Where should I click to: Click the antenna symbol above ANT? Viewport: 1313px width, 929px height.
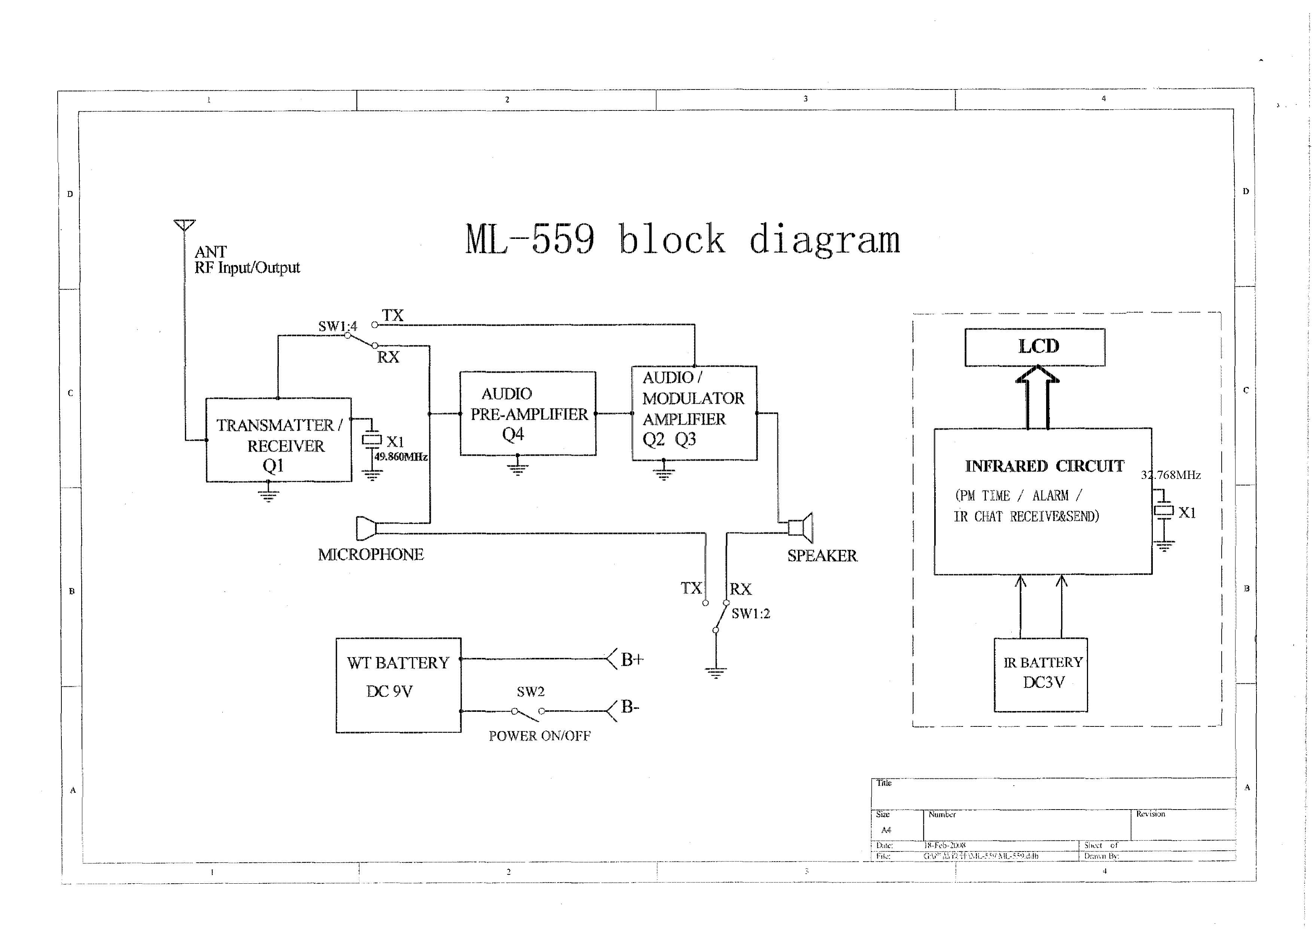coord(185,225)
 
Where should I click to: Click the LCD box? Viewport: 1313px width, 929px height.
coord(1035,347)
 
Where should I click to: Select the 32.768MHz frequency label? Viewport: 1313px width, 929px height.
coord(1171,475)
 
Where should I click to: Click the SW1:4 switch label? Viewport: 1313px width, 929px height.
coord(337,327)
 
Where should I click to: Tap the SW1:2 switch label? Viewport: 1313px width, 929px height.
coord(750,614)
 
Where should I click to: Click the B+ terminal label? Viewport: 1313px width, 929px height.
coord(632,659)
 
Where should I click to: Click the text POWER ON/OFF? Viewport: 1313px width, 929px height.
coord(539,736)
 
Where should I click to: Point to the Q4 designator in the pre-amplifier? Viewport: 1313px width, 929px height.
coord(513,435)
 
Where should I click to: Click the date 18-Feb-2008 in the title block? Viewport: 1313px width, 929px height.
coord(945,845)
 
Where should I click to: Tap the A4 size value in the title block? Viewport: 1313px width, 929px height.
coord(886,830)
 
